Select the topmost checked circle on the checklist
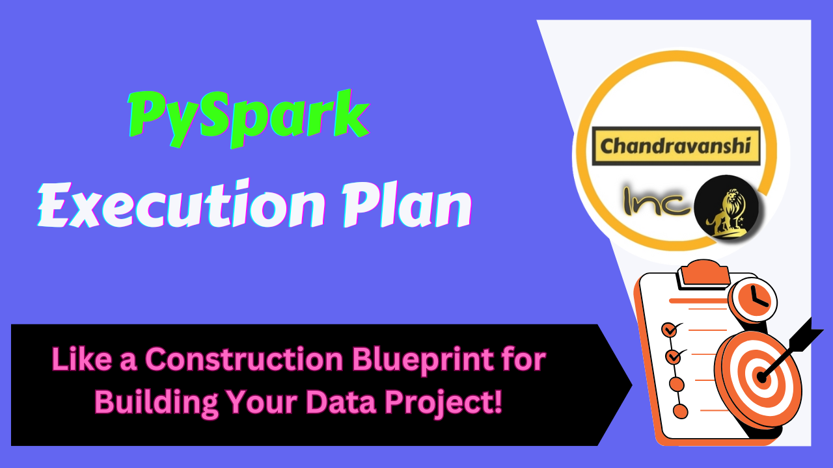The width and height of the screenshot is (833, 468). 669,330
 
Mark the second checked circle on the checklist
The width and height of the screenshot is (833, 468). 672,357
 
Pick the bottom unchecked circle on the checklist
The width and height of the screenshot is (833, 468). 680,411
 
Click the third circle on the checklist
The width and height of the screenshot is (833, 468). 676,383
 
